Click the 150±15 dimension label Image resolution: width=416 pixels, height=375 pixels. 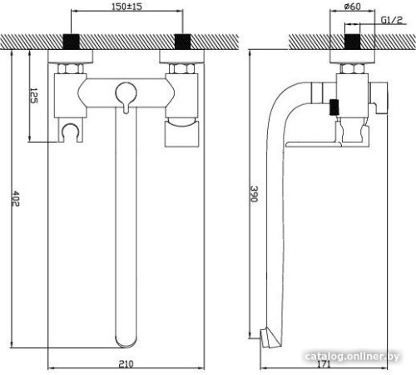(x=126, y=6)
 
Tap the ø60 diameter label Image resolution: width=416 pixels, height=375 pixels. (x=352, y=6)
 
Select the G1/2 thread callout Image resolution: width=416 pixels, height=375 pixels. (x=392, y=20)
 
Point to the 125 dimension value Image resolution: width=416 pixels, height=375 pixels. (x=34, y=96)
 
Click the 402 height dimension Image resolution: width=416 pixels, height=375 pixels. (x=16, y=198)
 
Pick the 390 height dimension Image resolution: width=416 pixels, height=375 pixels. (x=255, y=193)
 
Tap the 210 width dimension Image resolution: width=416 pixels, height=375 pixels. (x=126, y=363)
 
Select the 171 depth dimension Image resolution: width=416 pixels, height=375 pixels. (x=324, y=364)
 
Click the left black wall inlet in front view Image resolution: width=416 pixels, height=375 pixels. (x=72, y=42)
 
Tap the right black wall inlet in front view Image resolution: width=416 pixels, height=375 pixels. (x=182, y=42)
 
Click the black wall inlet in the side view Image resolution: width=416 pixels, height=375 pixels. (x=352, y=42)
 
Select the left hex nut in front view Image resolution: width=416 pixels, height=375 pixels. (x=71, y=68)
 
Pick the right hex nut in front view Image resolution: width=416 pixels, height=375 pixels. (x=181, y=68)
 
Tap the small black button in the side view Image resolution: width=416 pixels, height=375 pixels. (x=334, y=107)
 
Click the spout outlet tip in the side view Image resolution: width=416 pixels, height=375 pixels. (x=268, y=337)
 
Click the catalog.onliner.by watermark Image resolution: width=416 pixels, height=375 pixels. (x=352, y=356)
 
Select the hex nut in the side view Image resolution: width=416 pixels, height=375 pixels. (x=352, y=68)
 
